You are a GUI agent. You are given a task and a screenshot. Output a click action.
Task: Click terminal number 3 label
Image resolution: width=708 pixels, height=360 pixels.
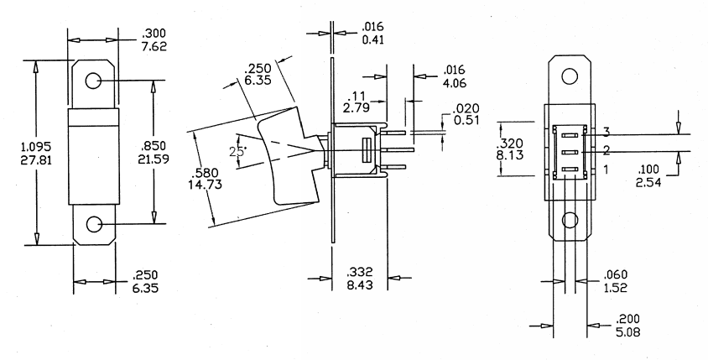(604, 133)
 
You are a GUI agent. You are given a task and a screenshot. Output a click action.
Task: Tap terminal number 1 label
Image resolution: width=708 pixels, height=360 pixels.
(604, 170)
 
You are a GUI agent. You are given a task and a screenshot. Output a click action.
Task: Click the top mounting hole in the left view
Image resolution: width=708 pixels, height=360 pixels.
(93, 81)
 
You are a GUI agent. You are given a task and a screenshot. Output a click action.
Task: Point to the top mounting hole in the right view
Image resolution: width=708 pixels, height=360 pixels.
(570, 76)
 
